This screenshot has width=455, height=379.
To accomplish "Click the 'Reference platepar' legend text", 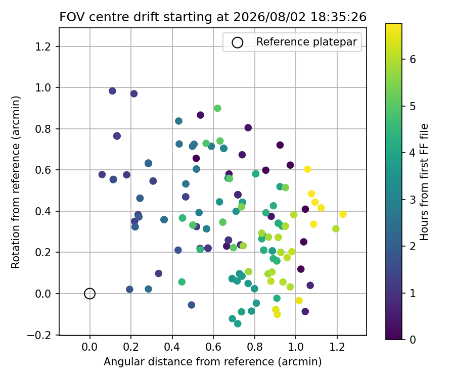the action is pos(306,42).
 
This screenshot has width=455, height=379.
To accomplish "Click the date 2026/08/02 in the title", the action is pos(269,17).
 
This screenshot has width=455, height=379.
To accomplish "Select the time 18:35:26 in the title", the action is pos(339,17).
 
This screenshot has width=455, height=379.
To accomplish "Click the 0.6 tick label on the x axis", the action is pos(213,347).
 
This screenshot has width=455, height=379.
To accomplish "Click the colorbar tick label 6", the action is pos(413,59).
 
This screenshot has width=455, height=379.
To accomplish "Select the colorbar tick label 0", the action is pos(413,339).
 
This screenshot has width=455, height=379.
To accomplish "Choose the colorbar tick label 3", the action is pos(413,200).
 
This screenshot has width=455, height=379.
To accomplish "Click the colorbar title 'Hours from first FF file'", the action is pos(424,182).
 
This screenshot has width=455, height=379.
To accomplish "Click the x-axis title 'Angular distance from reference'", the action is pos(189,362).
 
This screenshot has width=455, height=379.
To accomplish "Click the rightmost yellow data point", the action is pos(343,214).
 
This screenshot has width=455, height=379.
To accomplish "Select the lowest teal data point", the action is pos(238,323).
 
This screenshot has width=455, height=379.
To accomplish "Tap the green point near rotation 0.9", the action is pos(217,109).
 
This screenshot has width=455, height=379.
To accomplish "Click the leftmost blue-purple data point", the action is pos(102,174).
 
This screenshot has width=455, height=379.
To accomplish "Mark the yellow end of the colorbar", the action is pos(394,24).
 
